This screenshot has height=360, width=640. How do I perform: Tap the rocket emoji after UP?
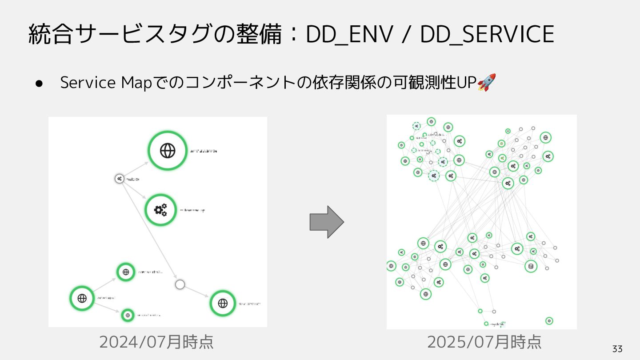coord(487,83)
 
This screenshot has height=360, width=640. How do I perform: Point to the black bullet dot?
coord(39,84)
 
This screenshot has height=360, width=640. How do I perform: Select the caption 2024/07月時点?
coord(156,342)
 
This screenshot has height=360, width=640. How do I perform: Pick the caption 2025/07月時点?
coord(484,342)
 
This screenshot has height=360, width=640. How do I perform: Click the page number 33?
coord(617,349)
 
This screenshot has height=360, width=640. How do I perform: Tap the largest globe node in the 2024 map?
coord(168,151)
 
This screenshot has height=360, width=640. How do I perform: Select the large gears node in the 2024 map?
coord(160,210)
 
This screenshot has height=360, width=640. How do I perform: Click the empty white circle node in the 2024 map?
coord(180,284)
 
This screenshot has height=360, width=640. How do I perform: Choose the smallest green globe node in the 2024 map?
coord(128,315)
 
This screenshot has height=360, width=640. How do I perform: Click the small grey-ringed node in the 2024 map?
coord(119,179)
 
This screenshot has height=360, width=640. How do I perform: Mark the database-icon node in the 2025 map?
coord(530,266)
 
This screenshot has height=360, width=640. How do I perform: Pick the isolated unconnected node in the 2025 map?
coord(549,320)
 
